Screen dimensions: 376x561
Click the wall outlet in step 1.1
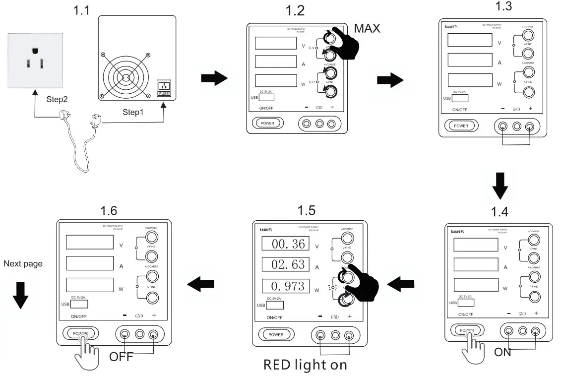[35, 60]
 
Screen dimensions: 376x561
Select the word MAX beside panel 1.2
[367, 29]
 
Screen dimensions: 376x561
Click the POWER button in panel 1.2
[267, 123]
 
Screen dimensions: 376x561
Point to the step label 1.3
[505, 6]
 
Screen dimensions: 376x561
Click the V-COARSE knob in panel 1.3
[529, 34]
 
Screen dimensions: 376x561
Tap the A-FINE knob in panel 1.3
[529, 92]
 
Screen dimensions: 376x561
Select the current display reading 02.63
[285, 264]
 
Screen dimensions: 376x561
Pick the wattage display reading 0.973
[285, 286]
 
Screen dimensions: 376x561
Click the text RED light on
[305, 365]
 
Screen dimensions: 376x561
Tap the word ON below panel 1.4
[502, 353]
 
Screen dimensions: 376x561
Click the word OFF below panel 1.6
[121, 357]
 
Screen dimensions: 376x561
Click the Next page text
[23, 264]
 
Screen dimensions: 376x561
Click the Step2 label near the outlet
[57, 99]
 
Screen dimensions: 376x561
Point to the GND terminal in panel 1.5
[335, 335]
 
